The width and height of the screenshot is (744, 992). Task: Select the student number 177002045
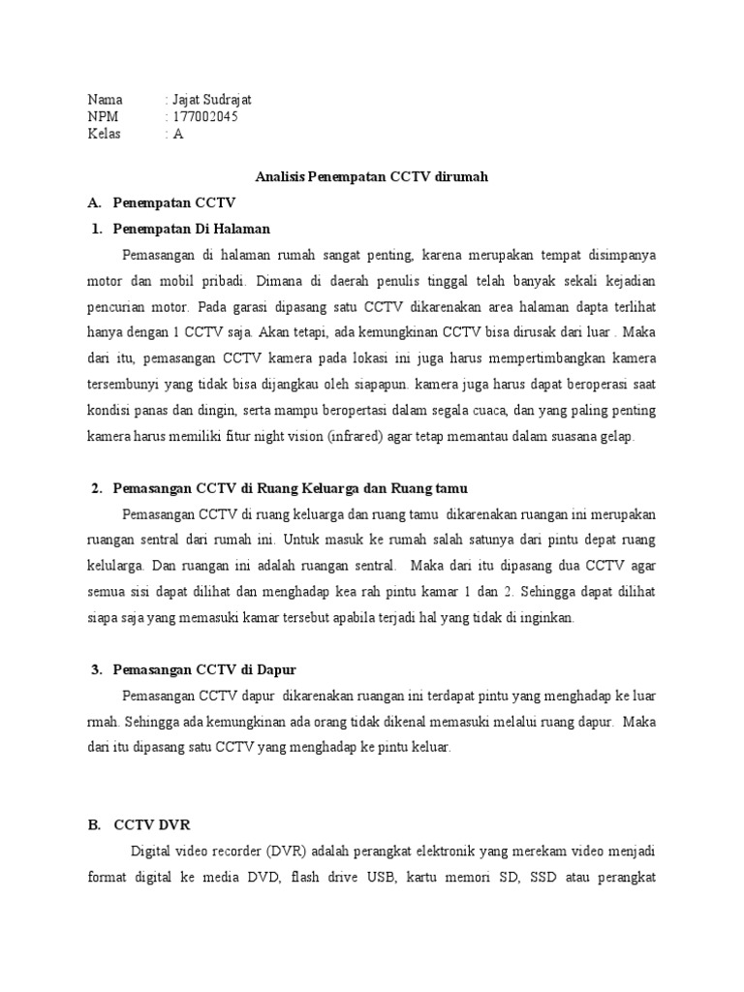pos(204,117)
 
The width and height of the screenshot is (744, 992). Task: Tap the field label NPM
pos(102,117)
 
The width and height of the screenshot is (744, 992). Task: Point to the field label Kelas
pos(104,135)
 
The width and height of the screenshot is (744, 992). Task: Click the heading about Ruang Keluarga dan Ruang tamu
pos(291,486)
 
